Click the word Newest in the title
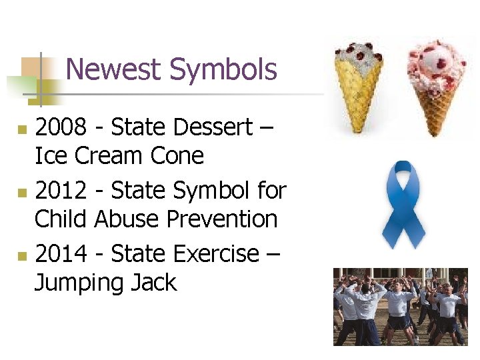click(x=114, y=70)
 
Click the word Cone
click(x=178, y=156)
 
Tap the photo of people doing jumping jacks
click(x=400, y=307)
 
